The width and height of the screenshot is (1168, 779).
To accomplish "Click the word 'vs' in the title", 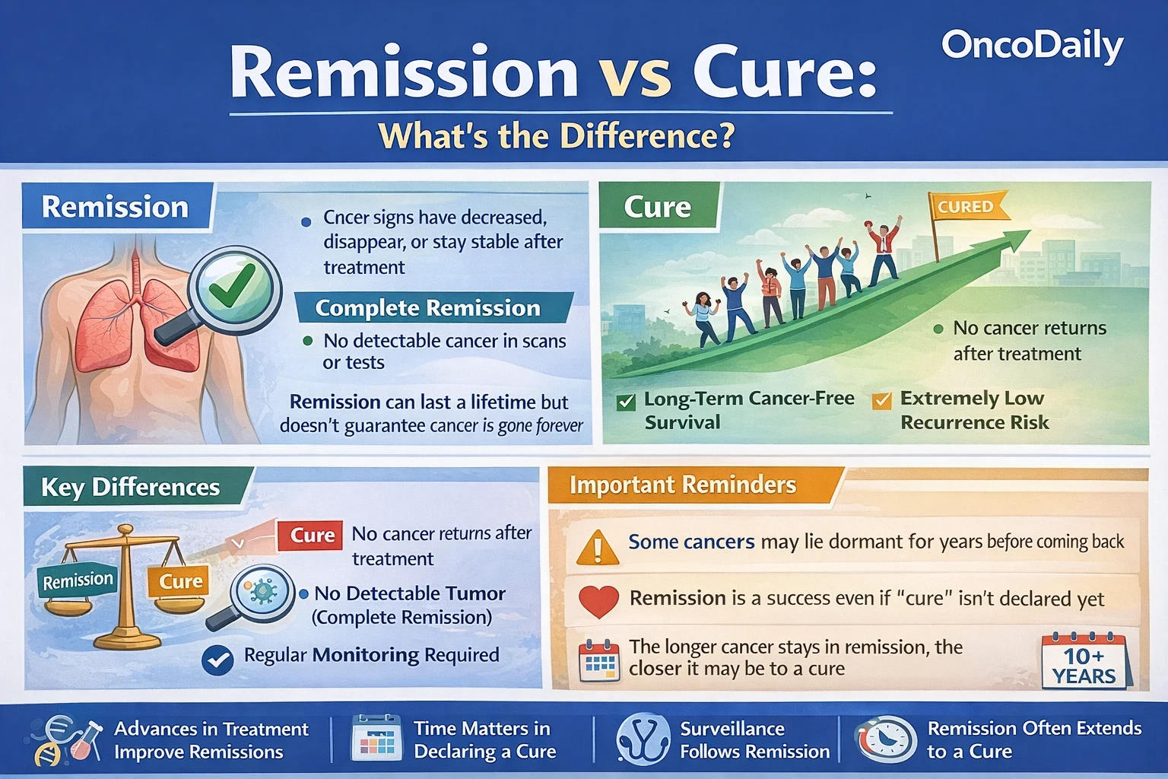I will pos(635,73).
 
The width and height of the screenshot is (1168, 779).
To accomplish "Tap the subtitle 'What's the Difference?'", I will pos(557,136).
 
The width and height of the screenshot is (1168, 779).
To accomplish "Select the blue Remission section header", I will pos(115,207).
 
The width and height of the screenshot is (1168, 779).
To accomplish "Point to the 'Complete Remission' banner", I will pos(428,308).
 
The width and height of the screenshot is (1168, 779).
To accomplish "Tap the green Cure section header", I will pos(658,207).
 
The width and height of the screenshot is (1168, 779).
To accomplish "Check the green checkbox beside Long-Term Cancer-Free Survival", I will pos(627,402).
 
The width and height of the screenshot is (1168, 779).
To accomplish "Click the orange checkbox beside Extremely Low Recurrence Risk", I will pos(882,401).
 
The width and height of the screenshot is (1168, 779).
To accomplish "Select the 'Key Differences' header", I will pos(131,487).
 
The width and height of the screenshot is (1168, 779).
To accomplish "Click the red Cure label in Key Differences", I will pos(313,536).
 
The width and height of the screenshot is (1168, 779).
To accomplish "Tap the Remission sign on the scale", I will pos(78,581).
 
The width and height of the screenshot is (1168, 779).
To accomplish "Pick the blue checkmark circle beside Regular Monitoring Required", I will pos(217,660).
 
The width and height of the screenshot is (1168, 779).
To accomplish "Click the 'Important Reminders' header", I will pos(683,485).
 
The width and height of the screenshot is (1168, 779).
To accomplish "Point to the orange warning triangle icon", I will pos(598,547).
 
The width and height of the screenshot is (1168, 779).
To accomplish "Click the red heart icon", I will pos(598,601).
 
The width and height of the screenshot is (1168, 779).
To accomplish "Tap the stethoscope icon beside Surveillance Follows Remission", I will pos(643,739).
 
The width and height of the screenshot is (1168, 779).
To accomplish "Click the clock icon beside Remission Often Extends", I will pos(885,739).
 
